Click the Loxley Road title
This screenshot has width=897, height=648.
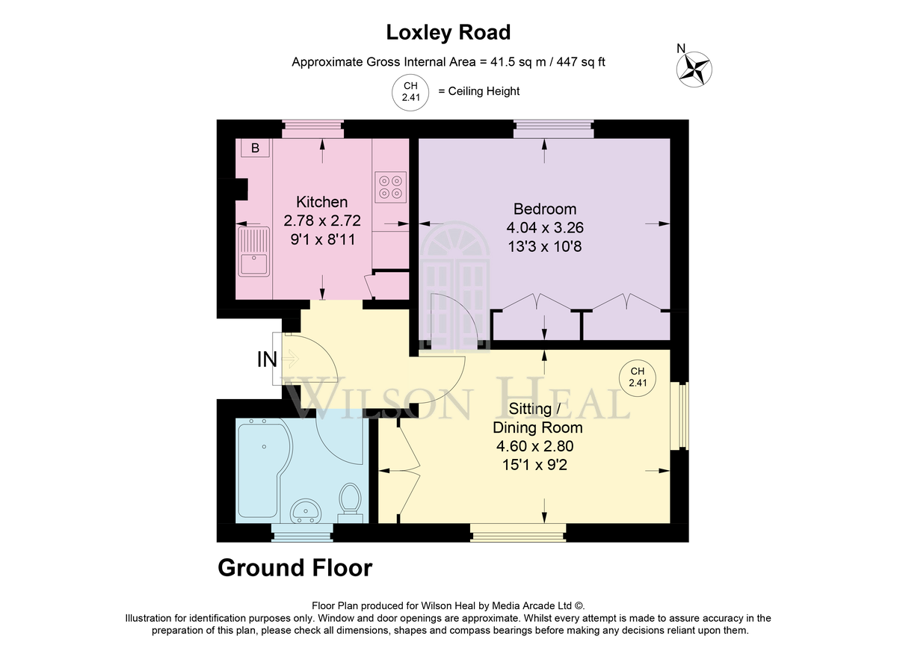tap(448, 32)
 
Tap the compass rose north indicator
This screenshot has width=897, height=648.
tap(694, 69)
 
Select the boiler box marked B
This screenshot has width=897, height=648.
tap(255, 148)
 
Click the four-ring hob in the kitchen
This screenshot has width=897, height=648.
tap(390, 187)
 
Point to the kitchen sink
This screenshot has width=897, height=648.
tap(253, 252)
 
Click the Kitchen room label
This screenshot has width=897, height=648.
tap(322, 202)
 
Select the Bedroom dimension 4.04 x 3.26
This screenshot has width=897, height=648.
tap(545, 227)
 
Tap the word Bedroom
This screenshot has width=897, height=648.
tap(545, 209)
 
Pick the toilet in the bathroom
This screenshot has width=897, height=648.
tap(351, 503)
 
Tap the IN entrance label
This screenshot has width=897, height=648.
tap(267, 360)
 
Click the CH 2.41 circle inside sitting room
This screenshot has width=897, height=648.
tap(638, 377)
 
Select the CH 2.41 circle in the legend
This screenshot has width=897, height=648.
tap(410, 92)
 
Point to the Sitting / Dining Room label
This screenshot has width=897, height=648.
tap(537, 418)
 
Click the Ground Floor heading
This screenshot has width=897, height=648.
tap(295, 568)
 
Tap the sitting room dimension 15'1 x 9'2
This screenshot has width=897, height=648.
tap(534, 465)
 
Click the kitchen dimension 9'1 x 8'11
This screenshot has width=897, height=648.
tap(323, 239)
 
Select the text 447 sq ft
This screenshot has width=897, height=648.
tap(581, 62)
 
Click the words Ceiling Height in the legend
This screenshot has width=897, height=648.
tap(484, 91)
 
